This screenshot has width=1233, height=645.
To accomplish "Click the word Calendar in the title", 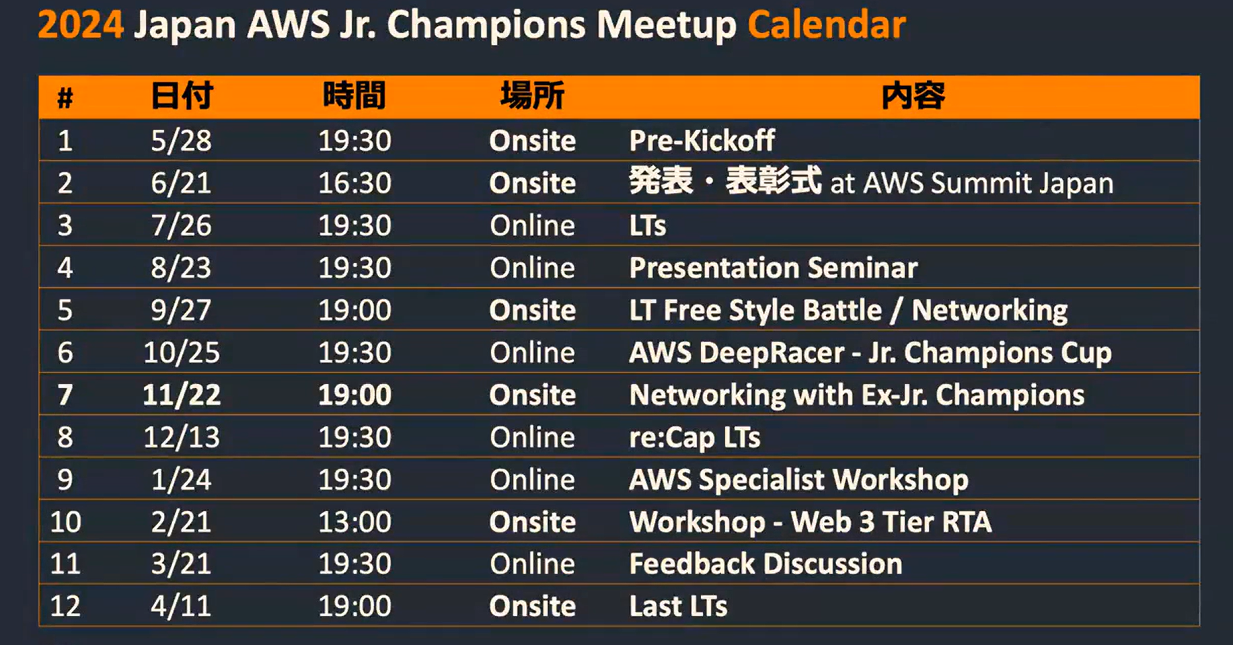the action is coord(827,25).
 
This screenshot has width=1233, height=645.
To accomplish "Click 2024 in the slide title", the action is coord(81,25).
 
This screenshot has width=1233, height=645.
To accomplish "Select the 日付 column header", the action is coord(182,96).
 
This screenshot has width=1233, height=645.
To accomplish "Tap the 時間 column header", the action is coord(354,96).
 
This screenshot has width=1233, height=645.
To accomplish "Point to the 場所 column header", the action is coord(533,96).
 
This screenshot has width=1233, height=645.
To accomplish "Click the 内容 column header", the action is coord(913,96).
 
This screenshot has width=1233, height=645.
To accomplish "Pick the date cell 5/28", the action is coord(181,141).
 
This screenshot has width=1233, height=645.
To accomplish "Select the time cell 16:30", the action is coord(354,183).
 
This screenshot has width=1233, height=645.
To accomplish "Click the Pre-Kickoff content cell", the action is coord(702,141).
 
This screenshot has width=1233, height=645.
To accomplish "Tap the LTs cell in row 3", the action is coord(648,225).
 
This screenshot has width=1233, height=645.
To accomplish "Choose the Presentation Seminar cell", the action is coord(774,268).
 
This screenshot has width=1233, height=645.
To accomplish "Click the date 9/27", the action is coord(181,310).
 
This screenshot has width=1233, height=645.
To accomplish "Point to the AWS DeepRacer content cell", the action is coord(870,353).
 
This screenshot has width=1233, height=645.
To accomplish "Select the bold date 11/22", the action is coord(182,395).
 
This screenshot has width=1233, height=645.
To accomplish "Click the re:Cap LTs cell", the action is coord(695,438).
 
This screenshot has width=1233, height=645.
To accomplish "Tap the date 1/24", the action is coord(181,480).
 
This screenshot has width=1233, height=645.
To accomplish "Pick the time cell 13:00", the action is coord(354,522).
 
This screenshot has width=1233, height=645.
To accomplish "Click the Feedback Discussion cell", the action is coord(765,564).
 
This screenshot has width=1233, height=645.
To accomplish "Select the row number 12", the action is coord(65,606).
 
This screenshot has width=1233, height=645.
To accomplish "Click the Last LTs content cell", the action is coord(678,606).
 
